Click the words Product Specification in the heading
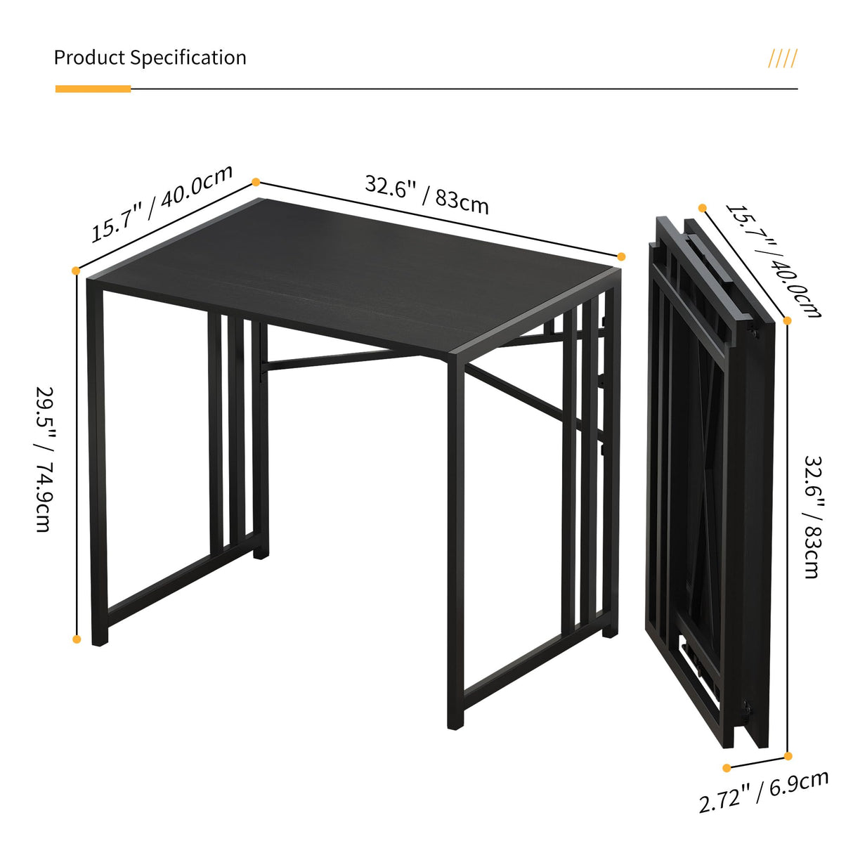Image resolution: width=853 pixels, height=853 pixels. [x=150, y=58]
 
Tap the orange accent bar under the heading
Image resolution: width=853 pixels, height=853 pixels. [x=93, y=89]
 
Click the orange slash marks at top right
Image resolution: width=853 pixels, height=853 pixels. [x=782, y=58]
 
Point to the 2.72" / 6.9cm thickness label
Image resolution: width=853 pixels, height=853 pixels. [x=764, y=791]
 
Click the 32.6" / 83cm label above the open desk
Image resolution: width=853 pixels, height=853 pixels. [x=426, y=194]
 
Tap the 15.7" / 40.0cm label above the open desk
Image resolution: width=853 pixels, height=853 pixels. [x=162, y=203]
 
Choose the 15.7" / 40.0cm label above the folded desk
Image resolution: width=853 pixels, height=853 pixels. [x=773, y=261]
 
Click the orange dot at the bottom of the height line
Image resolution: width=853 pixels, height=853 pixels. [x=77, y=639]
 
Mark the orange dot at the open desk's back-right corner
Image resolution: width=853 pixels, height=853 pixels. [x=621, y=256]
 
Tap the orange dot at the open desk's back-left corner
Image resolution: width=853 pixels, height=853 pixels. [x=256, y=182]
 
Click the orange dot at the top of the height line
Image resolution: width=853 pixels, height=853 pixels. [x=76, y=270]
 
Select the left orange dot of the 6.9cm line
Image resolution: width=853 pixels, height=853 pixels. [x=727, y=768]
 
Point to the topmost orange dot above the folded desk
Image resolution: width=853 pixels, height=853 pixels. [x=702, y=208]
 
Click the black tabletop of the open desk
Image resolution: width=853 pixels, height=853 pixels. [x=351, y=274]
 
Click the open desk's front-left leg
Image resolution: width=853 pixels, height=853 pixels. [x=97, y=464]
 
